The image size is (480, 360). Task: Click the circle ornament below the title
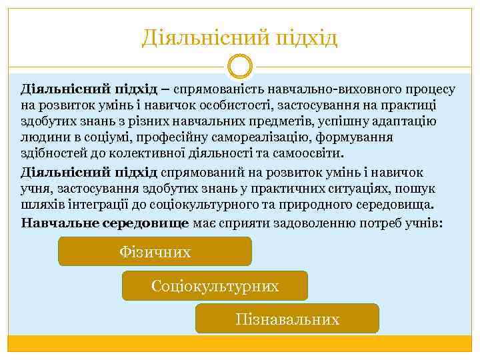(x=240, y=67)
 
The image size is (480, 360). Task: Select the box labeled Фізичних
(x=155, y=252)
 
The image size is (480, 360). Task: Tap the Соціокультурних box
(x=215, y=286)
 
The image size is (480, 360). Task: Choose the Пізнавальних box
(x=287, y=319)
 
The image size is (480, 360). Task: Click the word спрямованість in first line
(x=219, y=89)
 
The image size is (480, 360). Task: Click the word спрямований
(x=197, y=172)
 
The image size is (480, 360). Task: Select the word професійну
(x=153, y=137)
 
